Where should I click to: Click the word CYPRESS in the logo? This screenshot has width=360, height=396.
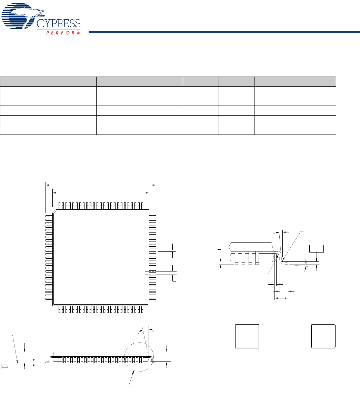(59, 23)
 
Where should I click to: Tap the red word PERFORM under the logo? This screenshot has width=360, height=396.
(63, 33)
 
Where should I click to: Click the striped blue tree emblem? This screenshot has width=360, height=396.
(23, 16)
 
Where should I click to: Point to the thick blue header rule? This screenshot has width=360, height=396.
(224, 32)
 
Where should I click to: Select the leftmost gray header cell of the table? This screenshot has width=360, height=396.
(48, 81)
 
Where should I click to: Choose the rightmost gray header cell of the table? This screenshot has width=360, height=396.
(295, 81)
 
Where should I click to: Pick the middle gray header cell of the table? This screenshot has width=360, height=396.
(201, 81)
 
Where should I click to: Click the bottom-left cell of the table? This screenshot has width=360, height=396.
(48, 130)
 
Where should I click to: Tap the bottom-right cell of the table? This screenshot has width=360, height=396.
(295, 130)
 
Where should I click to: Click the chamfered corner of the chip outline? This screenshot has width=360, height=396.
(54, 212)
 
